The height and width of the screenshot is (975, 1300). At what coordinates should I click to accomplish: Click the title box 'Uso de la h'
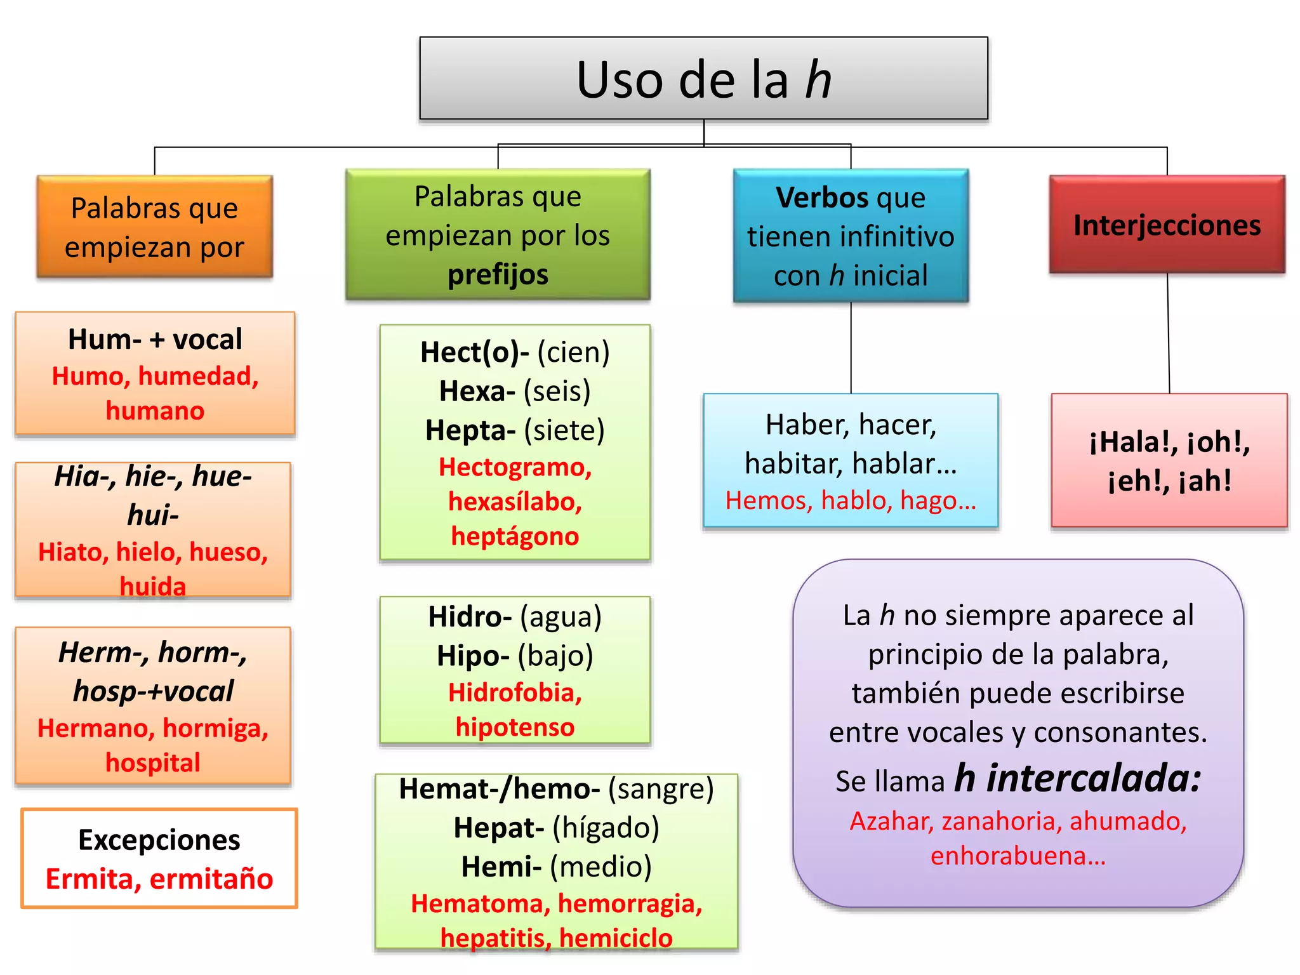703,78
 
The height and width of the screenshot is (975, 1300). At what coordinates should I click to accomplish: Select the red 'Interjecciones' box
1167,224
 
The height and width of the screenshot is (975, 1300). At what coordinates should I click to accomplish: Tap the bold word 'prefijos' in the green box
498,275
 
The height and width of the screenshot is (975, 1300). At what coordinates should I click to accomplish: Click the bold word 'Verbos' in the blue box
821,197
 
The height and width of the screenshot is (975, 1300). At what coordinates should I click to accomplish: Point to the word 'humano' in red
155,411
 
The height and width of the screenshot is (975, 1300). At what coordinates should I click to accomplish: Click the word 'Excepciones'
159,840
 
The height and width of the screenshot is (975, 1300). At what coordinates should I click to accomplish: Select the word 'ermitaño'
211,879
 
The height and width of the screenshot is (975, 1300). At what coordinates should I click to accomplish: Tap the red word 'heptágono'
515,537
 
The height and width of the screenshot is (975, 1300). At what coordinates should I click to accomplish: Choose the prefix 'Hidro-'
470,617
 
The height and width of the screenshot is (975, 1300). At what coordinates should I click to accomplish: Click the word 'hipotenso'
515,727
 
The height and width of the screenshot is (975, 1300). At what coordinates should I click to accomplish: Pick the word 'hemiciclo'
616,938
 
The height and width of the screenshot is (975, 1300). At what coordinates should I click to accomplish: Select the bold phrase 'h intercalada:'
1078,778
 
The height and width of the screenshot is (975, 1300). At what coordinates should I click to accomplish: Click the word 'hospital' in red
153,763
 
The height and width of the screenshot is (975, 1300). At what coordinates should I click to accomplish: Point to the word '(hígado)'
606,828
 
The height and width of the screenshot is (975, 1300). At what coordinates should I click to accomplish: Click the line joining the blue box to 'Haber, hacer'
851,348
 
